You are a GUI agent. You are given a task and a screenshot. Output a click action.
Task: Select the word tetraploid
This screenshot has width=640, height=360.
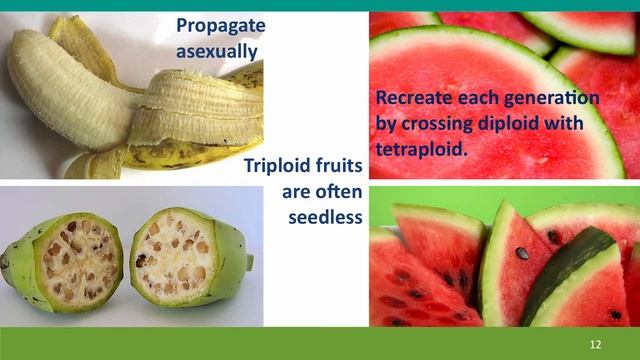pos(422,148)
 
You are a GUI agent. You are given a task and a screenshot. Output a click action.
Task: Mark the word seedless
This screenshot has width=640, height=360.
pos(323,215)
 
